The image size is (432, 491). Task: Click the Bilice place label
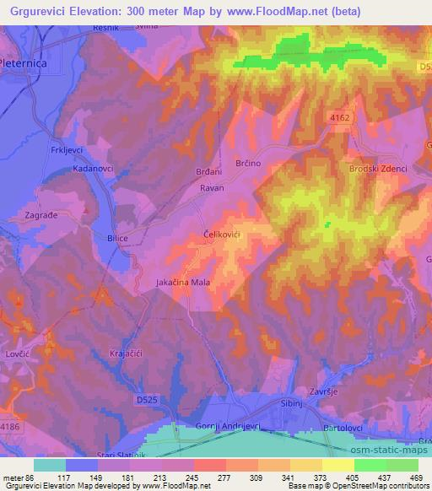116,239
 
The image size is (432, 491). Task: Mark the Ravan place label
212,188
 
